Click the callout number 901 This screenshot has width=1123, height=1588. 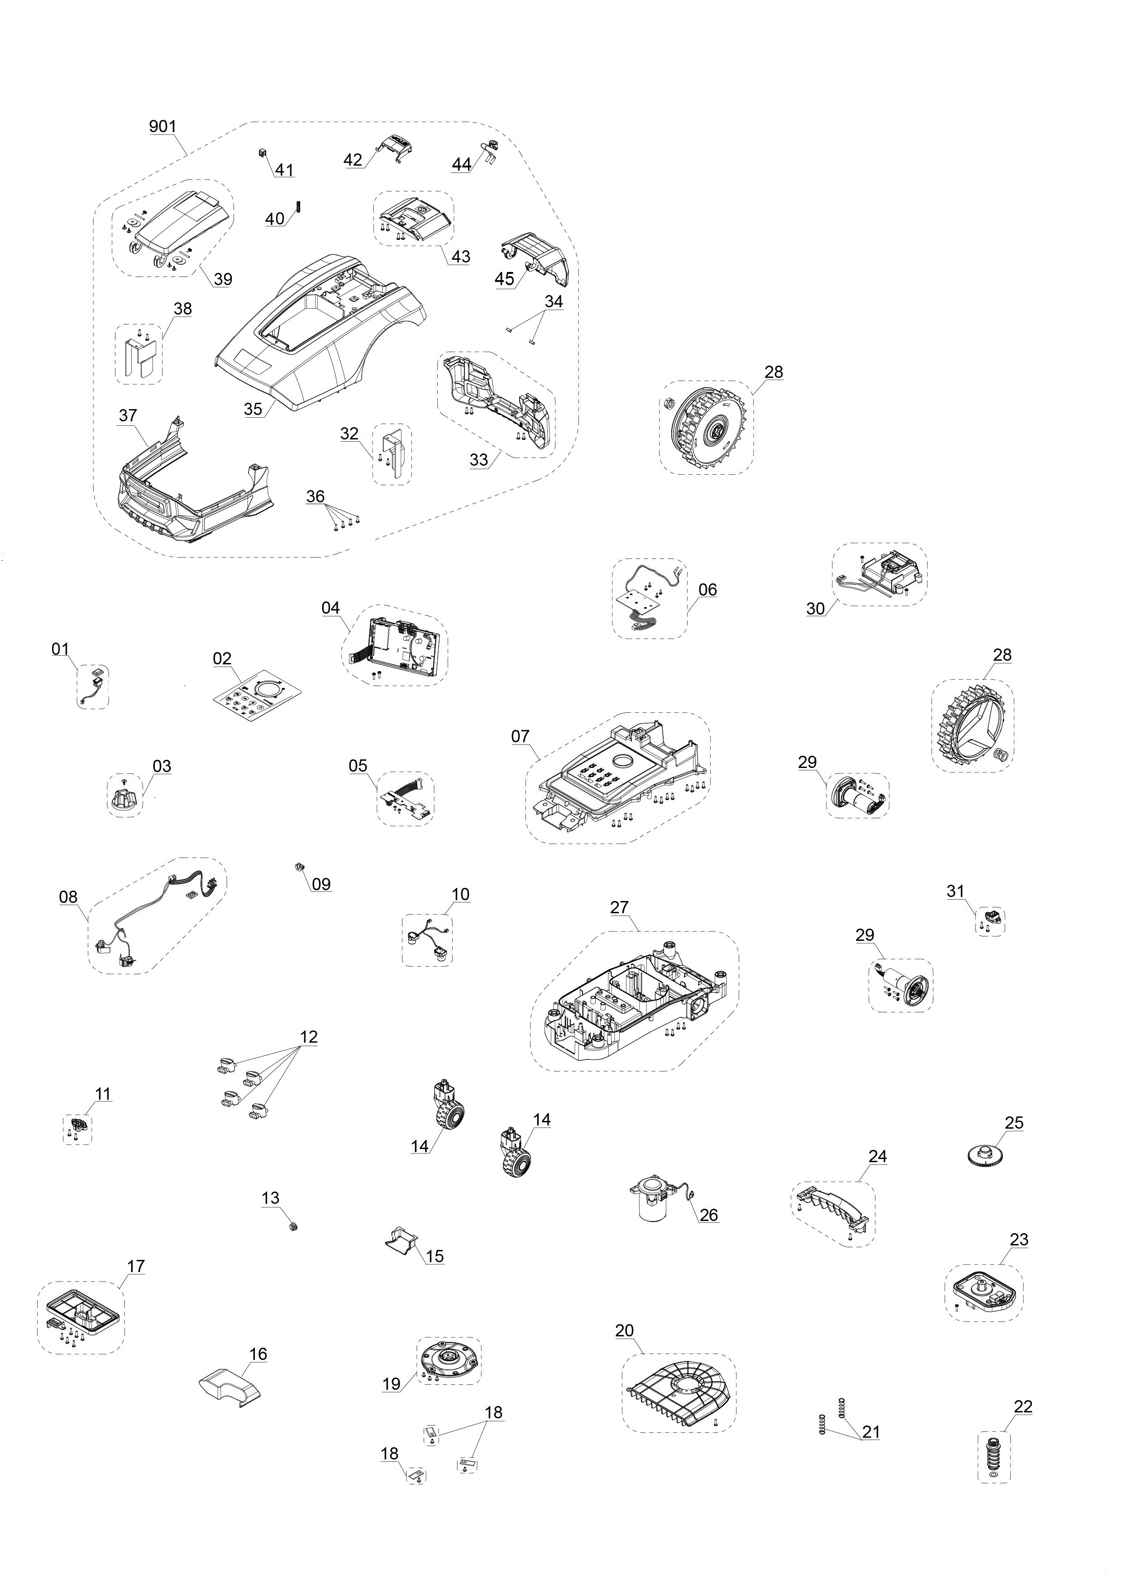162,127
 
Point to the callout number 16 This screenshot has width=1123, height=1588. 258,1354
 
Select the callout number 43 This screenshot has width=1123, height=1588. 461,257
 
